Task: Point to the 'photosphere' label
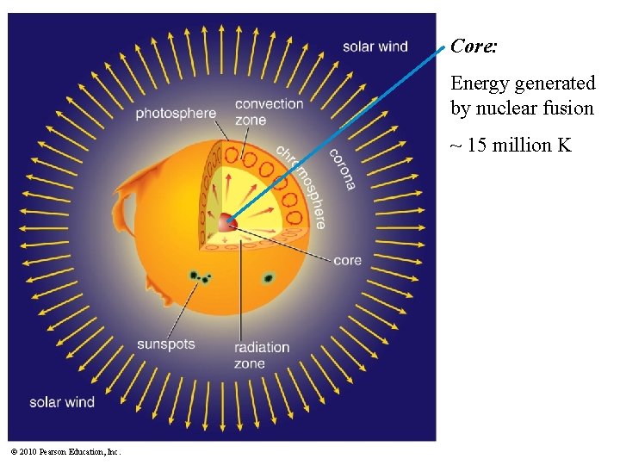pos(176,113)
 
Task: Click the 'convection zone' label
pos(269,112)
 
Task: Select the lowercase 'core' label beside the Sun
pos(347,260)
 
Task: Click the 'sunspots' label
pos(165,344)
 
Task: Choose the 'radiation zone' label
pos(262,355)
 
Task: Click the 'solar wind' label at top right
pos(375,46)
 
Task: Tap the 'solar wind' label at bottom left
pos(62,402)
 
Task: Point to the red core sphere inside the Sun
pos(226,222)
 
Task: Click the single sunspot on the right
pos(268,278)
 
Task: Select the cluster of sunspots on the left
pos(200,277)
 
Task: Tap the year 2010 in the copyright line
pos(28,451)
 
